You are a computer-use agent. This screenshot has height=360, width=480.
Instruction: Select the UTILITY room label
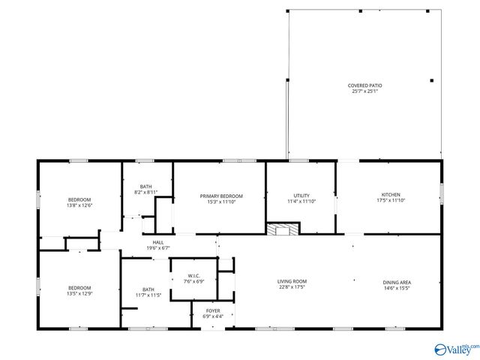click(x=301, y=195)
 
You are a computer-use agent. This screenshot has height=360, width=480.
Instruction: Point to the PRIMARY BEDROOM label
click(x=219, y=196)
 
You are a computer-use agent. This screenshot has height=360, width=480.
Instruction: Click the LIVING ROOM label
click(x=292, y=281)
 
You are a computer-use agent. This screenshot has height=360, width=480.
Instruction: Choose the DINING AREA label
click(x=397, y=282)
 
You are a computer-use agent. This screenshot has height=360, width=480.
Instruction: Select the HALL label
click(x=158, y=242)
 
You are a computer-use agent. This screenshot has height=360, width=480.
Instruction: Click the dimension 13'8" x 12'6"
click(x=79, y=205)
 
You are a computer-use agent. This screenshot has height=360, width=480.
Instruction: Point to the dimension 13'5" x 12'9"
click(x=79, y=293)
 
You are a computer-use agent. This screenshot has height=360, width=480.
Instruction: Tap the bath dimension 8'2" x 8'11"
click(x=146, y=193)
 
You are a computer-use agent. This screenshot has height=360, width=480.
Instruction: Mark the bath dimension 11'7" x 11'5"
click(x=148, y=295)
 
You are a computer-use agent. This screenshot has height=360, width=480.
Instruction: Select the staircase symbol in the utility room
click(x=283, y=229)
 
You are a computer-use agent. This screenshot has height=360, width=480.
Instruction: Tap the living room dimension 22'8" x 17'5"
click(x=292, y=287)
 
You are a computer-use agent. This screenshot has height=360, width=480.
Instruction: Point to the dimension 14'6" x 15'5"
click(x=397, y=288)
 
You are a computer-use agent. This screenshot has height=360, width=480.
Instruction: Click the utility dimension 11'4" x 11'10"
click(x=301, y=201)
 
